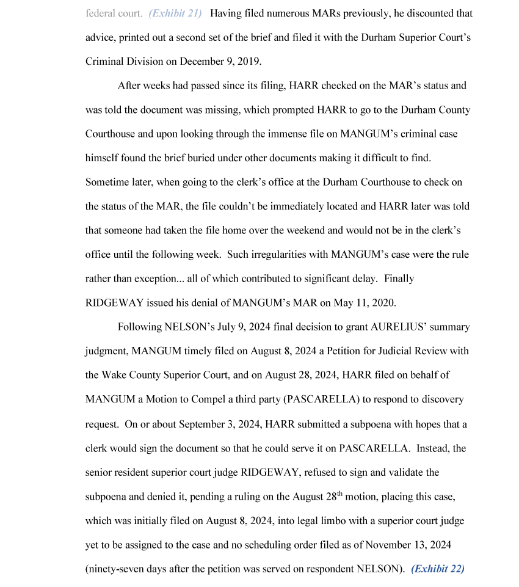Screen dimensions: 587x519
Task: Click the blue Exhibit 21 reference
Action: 175,13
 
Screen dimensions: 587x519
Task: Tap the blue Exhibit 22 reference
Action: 438,569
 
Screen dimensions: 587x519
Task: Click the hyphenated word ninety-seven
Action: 120,569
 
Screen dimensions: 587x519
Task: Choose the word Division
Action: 142,62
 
